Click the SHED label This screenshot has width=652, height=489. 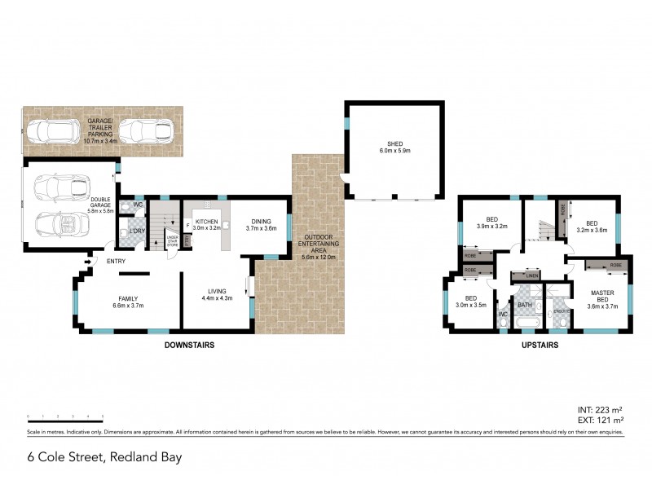coord(394,143)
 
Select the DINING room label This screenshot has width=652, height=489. coord(262,222)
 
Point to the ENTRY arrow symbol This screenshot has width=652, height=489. coord(87,262)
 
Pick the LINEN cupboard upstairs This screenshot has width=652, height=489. coord(531,276)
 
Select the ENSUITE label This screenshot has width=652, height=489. coord(559,311)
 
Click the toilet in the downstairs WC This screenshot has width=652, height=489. coord(126,209)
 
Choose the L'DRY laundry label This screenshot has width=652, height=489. coord(136,233)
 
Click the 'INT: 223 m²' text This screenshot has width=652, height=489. coord(600,409)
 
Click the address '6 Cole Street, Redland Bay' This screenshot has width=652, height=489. coord(104,457)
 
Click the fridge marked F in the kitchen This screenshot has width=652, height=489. coord(188,225)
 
